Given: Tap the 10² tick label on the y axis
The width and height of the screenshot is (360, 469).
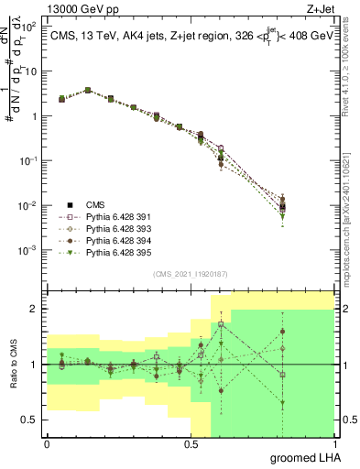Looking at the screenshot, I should click(29, 27).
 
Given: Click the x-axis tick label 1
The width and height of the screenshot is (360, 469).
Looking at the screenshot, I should click(333, 444).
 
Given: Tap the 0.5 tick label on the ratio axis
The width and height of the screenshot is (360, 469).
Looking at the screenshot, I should click(29, 420).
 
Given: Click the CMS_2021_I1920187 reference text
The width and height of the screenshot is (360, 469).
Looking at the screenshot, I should click(190, 274).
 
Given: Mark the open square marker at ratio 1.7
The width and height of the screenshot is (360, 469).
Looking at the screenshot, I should click(221, 324).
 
